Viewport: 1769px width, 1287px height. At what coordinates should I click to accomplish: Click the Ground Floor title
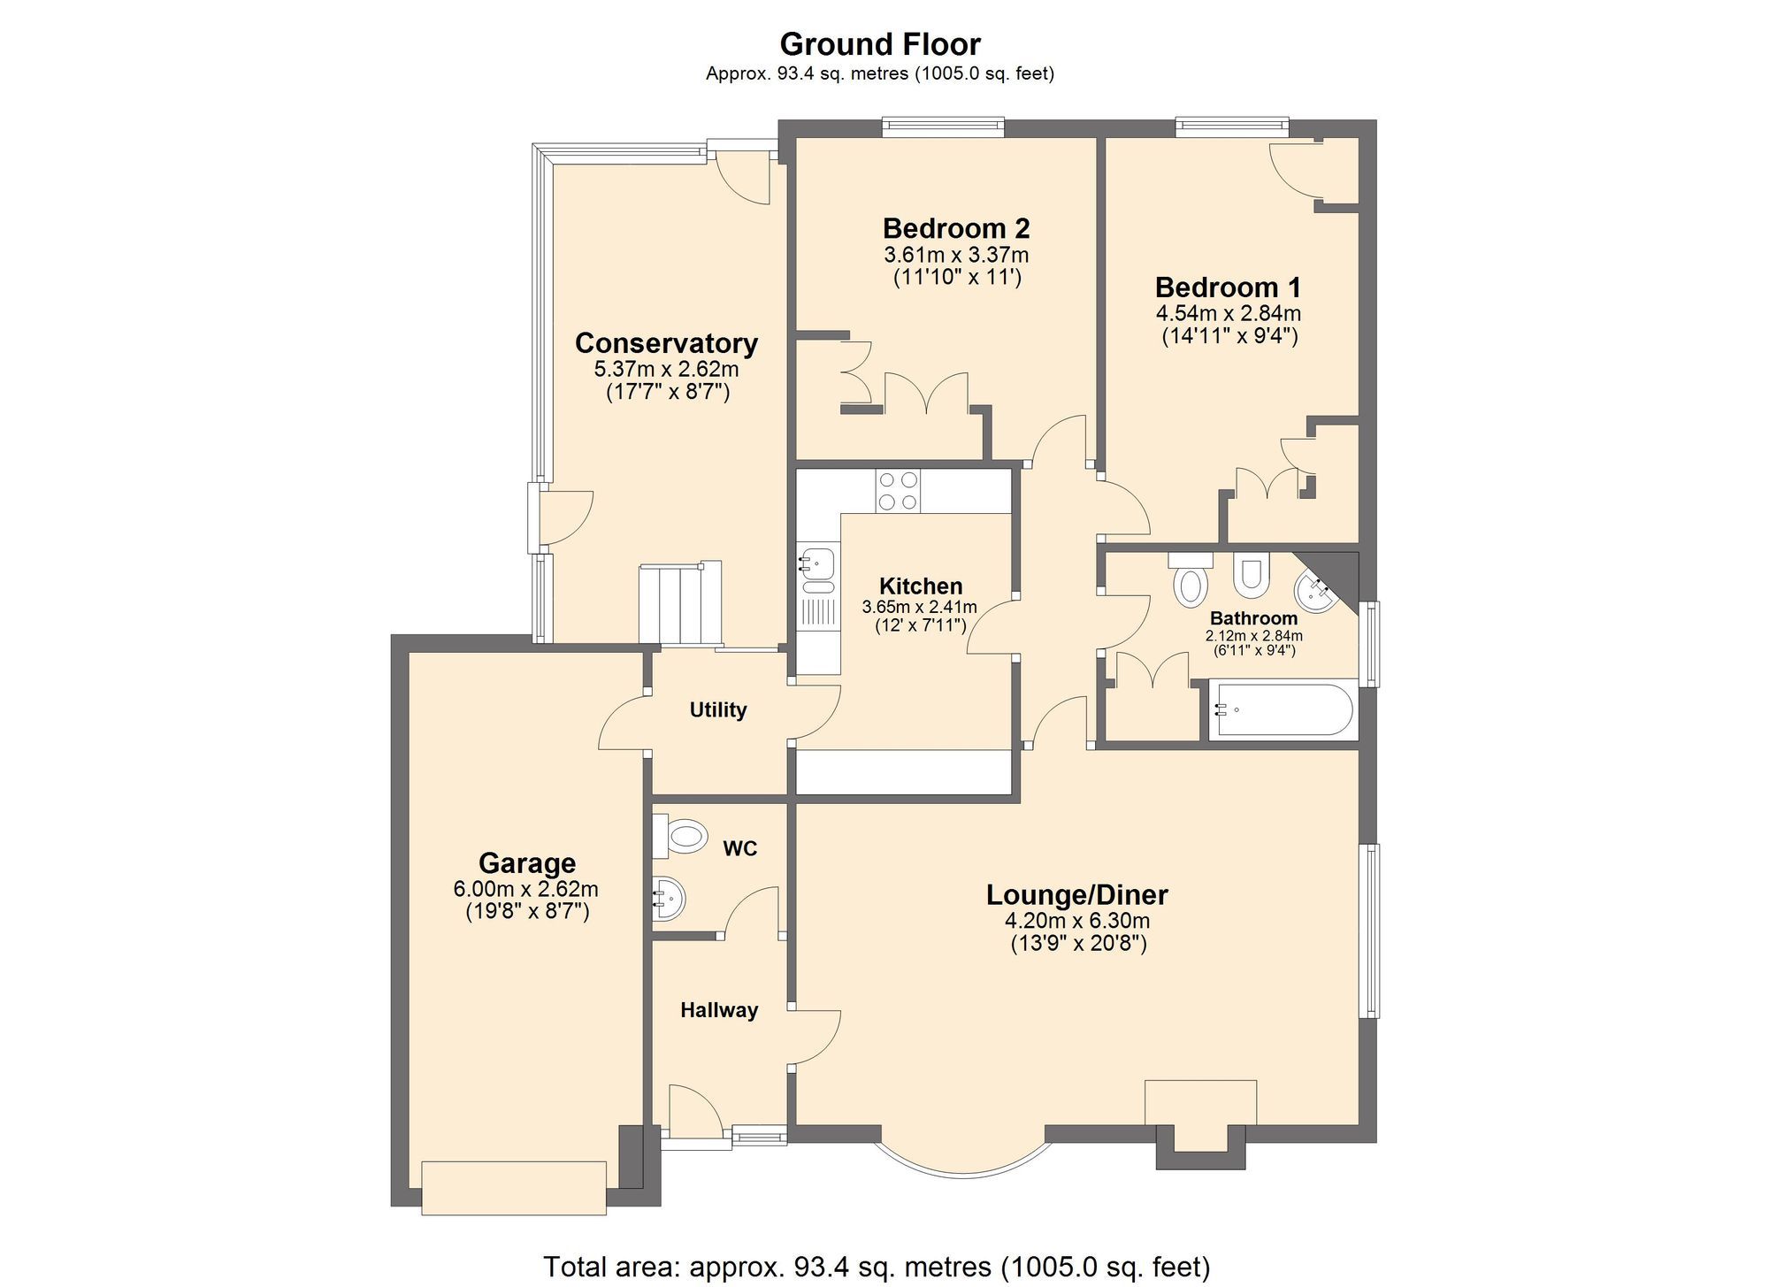pos(879,44)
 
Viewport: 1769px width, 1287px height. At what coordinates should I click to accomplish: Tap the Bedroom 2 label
pos(955,229)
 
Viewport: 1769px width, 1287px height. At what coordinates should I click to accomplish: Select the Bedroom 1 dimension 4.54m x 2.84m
pos(1228,313)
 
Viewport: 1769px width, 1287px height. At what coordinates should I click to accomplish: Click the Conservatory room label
pos(666,343)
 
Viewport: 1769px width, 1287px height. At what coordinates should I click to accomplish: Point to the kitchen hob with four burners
pos(898,491)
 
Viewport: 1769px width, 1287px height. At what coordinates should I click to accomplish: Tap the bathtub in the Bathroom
pos(1282,709)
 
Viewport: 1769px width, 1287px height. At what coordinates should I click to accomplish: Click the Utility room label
pos(717,709)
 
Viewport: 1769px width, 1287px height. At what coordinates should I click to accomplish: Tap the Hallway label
pos(718,1010)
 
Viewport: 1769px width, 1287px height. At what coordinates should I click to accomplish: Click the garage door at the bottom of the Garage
pos(514,1188)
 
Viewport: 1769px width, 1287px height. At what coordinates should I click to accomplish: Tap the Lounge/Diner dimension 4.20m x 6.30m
pos(1076,921)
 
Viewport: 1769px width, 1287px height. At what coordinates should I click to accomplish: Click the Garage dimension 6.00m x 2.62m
pos(525,889)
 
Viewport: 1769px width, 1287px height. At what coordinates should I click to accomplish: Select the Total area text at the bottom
pos(876,1267)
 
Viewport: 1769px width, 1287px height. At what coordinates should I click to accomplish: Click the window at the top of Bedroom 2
pos(943,127)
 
